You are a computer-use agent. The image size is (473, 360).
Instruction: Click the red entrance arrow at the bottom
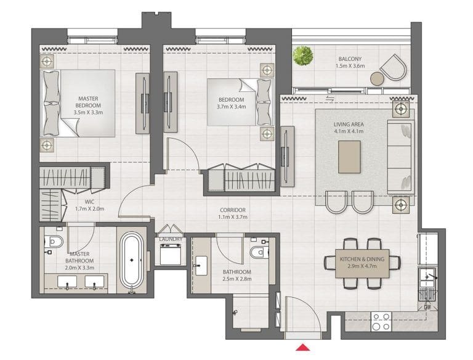point(302,349)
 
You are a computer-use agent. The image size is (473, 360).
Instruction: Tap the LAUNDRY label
point(169,239)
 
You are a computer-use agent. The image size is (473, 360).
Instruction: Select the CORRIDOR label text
point(233,210)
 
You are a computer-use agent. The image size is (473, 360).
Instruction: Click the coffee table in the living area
point(350,153)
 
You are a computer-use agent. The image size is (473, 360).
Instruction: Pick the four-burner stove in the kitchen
point(381,322)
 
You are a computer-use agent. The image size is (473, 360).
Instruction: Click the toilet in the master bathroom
point(55,242)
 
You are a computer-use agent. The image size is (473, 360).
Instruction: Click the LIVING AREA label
point(349,124)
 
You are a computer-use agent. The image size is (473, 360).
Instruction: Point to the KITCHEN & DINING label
point(362,260)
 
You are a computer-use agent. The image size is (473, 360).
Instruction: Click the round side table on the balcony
point(376,78)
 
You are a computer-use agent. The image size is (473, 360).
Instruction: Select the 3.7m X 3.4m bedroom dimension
point(232,107)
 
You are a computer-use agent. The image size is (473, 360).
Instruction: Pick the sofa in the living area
point(400,157)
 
